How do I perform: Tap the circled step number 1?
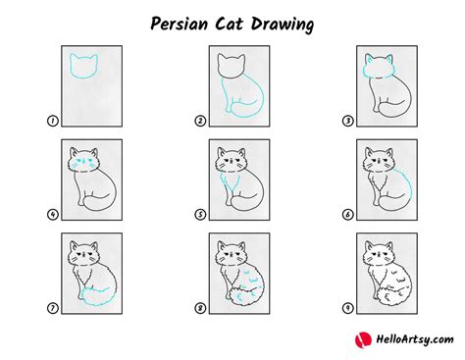click(x=50, y=123)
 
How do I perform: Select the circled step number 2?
click(x=201, y=123)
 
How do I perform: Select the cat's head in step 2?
click(x=232, y=67)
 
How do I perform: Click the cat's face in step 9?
click(x=378, y=254)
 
